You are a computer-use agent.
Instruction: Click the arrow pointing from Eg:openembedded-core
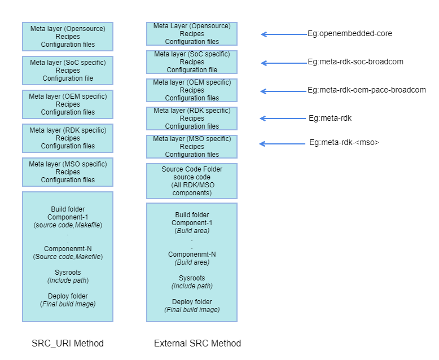pyautogui.click(x=284, y=34)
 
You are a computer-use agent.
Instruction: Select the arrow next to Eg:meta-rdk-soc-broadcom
pyautogui.click(x=284, y=63)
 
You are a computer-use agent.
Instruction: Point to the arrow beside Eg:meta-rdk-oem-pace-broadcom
pyautogui.click(x=283, y=91)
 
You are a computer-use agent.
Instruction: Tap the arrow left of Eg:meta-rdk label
pyautogui.click(x=283, y=118)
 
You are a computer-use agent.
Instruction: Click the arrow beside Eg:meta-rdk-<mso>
pyautogui.click(x=282, y=144)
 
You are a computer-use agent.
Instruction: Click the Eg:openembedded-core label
pyautogui.click(x=350, y=34)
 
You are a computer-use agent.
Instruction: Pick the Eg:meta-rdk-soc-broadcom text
pyautogui.click(x=355, y=62)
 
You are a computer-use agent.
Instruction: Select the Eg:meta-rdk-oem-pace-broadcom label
pyautogui.click(x=367, y=90)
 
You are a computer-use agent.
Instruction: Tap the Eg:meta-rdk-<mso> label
pyautogui.click(x=344, y=143)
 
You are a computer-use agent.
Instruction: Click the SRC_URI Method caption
pyautogui.click(x=68, y=343)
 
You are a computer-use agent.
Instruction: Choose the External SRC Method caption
pyautogui.click(x=197, y=343)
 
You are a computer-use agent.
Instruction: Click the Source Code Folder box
pyautogui.click(x=192, y=181)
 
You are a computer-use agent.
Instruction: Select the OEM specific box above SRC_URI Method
pyautogui.click(x=68, y=104)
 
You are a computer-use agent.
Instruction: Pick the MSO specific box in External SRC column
pyautogui.click(x=192, y=147)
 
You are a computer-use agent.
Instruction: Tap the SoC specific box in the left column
pyautogui.click(x=68, y=71)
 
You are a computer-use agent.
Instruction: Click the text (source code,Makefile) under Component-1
pyautogui.click(x=68, y=225)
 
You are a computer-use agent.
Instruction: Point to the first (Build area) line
pyautogui.click(x=192, y=231)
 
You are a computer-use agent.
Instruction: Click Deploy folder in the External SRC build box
pyautogui.click(x=192, y=302)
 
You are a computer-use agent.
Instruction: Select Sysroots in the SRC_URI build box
pyautogui.click(x=68, y=273)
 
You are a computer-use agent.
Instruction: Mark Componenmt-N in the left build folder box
pyautogui.click(x=68, y=249)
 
